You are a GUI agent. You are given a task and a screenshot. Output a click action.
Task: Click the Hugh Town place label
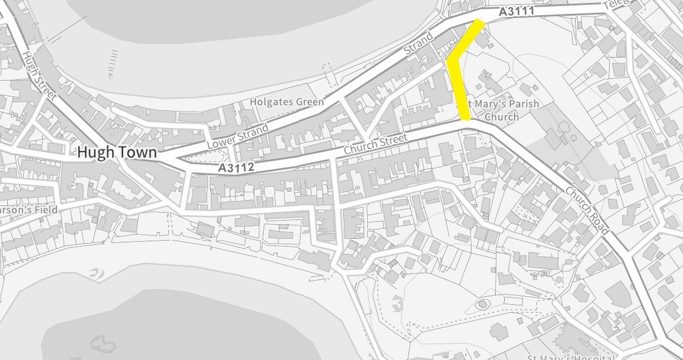coord(116,153)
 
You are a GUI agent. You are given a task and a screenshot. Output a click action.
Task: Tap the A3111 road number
coord(516,12)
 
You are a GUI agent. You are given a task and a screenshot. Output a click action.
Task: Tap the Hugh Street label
coord(38,75)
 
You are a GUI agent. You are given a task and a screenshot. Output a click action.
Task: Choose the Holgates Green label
coord(287,102)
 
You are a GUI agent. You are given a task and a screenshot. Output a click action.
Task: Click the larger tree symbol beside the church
coord(563,126)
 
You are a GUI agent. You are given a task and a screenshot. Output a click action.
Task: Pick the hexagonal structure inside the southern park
coord(482,304)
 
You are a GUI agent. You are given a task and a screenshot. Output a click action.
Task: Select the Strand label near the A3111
coord(418,45)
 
